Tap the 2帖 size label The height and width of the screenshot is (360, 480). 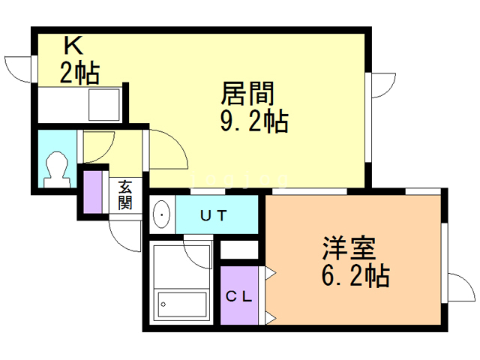click(79, 73)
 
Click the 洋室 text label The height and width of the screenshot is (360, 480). click(348, 248)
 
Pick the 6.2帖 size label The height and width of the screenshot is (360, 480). click(355, 277)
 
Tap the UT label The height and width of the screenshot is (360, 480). click(215, 215)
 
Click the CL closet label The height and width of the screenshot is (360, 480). click(240, 295)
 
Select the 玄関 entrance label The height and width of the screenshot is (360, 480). click(124, 195)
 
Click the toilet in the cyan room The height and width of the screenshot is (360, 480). click(56, 169)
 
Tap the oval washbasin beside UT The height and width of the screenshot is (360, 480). click(161, 214)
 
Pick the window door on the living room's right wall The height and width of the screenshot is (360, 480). click(382, 85)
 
